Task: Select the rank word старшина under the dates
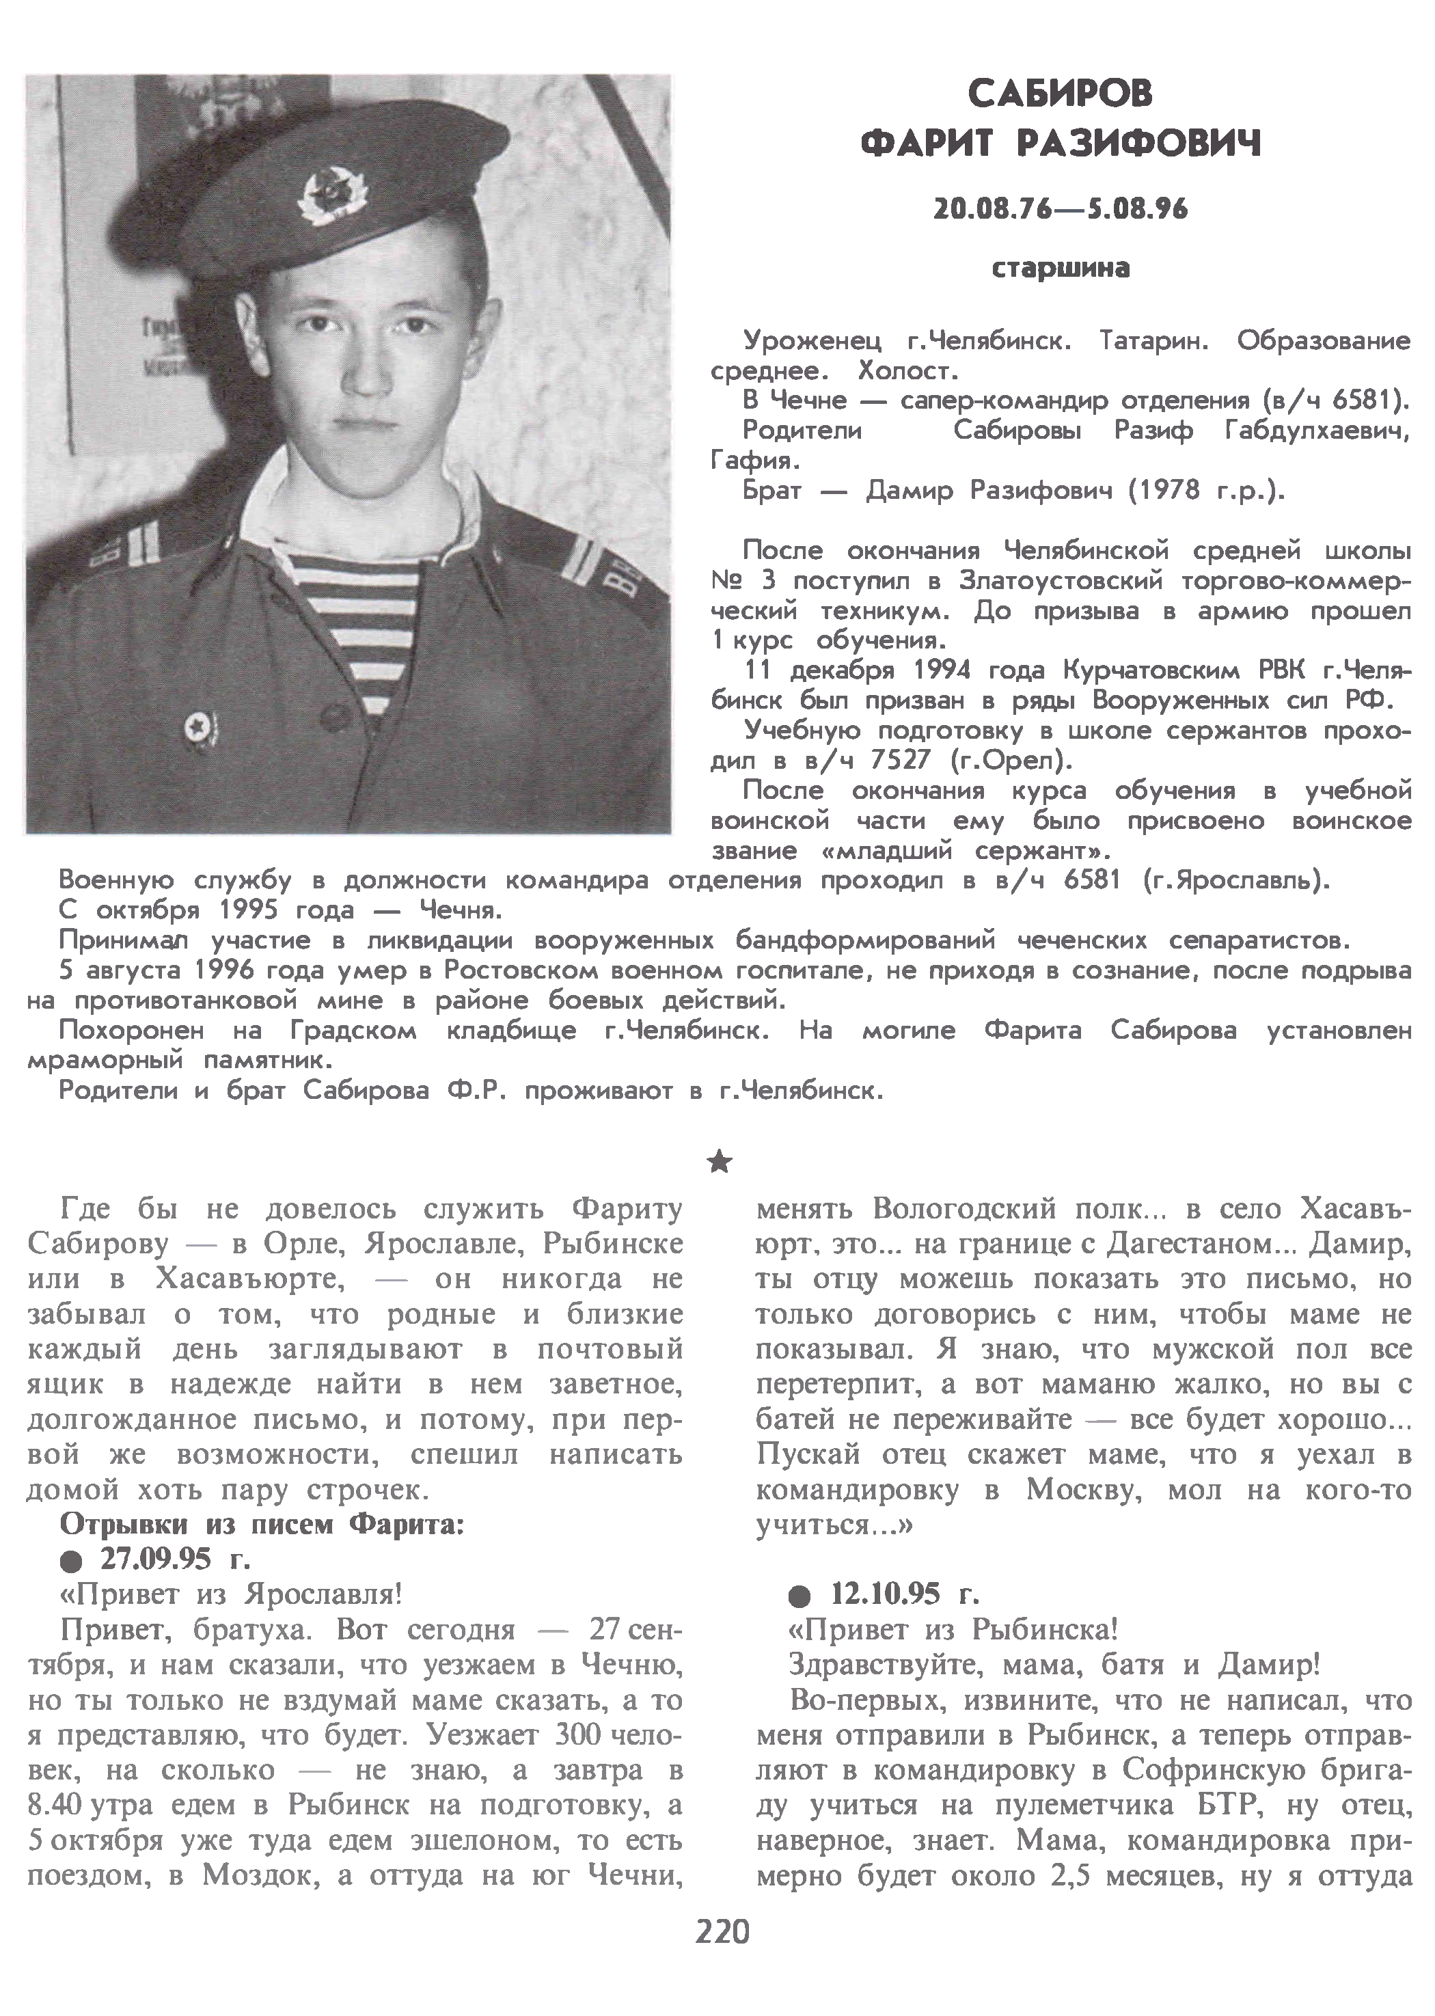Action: click(x=1061, y=268)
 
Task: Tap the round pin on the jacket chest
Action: click(x=193, y=728)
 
